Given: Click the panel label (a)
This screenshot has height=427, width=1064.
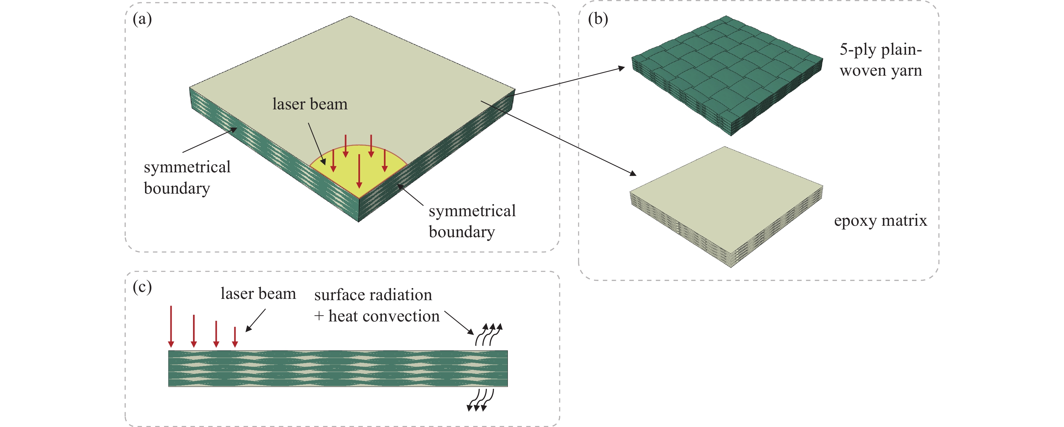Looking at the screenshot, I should pos(142,19).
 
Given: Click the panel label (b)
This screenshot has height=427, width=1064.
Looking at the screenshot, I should pos(598,19).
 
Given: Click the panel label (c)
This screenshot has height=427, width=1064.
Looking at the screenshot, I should pos(142,286).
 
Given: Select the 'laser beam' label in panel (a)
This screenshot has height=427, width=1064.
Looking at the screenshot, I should pos(310,104).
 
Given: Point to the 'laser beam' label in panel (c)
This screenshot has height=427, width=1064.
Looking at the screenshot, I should pos(258,293).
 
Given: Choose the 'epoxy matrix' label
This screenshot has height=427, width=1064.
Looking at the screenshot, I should pos(880,221).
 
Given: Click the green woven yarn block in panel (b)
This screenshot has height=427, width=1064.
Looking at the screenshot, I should pos(727,74).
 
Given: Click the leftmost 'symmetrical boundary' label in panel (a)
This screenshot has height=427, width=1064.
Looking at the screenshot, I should pos(187,178).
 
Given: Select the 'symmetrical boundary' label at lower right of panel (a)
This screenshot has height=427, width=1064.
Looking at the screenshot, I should pos(472,221).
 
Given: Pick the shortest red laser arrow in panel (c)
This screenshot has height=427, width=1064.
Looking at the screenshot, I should pos(235,337).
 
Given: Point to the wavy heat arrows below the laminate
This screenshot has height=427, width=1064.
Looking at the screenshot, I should pos(480,400).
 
